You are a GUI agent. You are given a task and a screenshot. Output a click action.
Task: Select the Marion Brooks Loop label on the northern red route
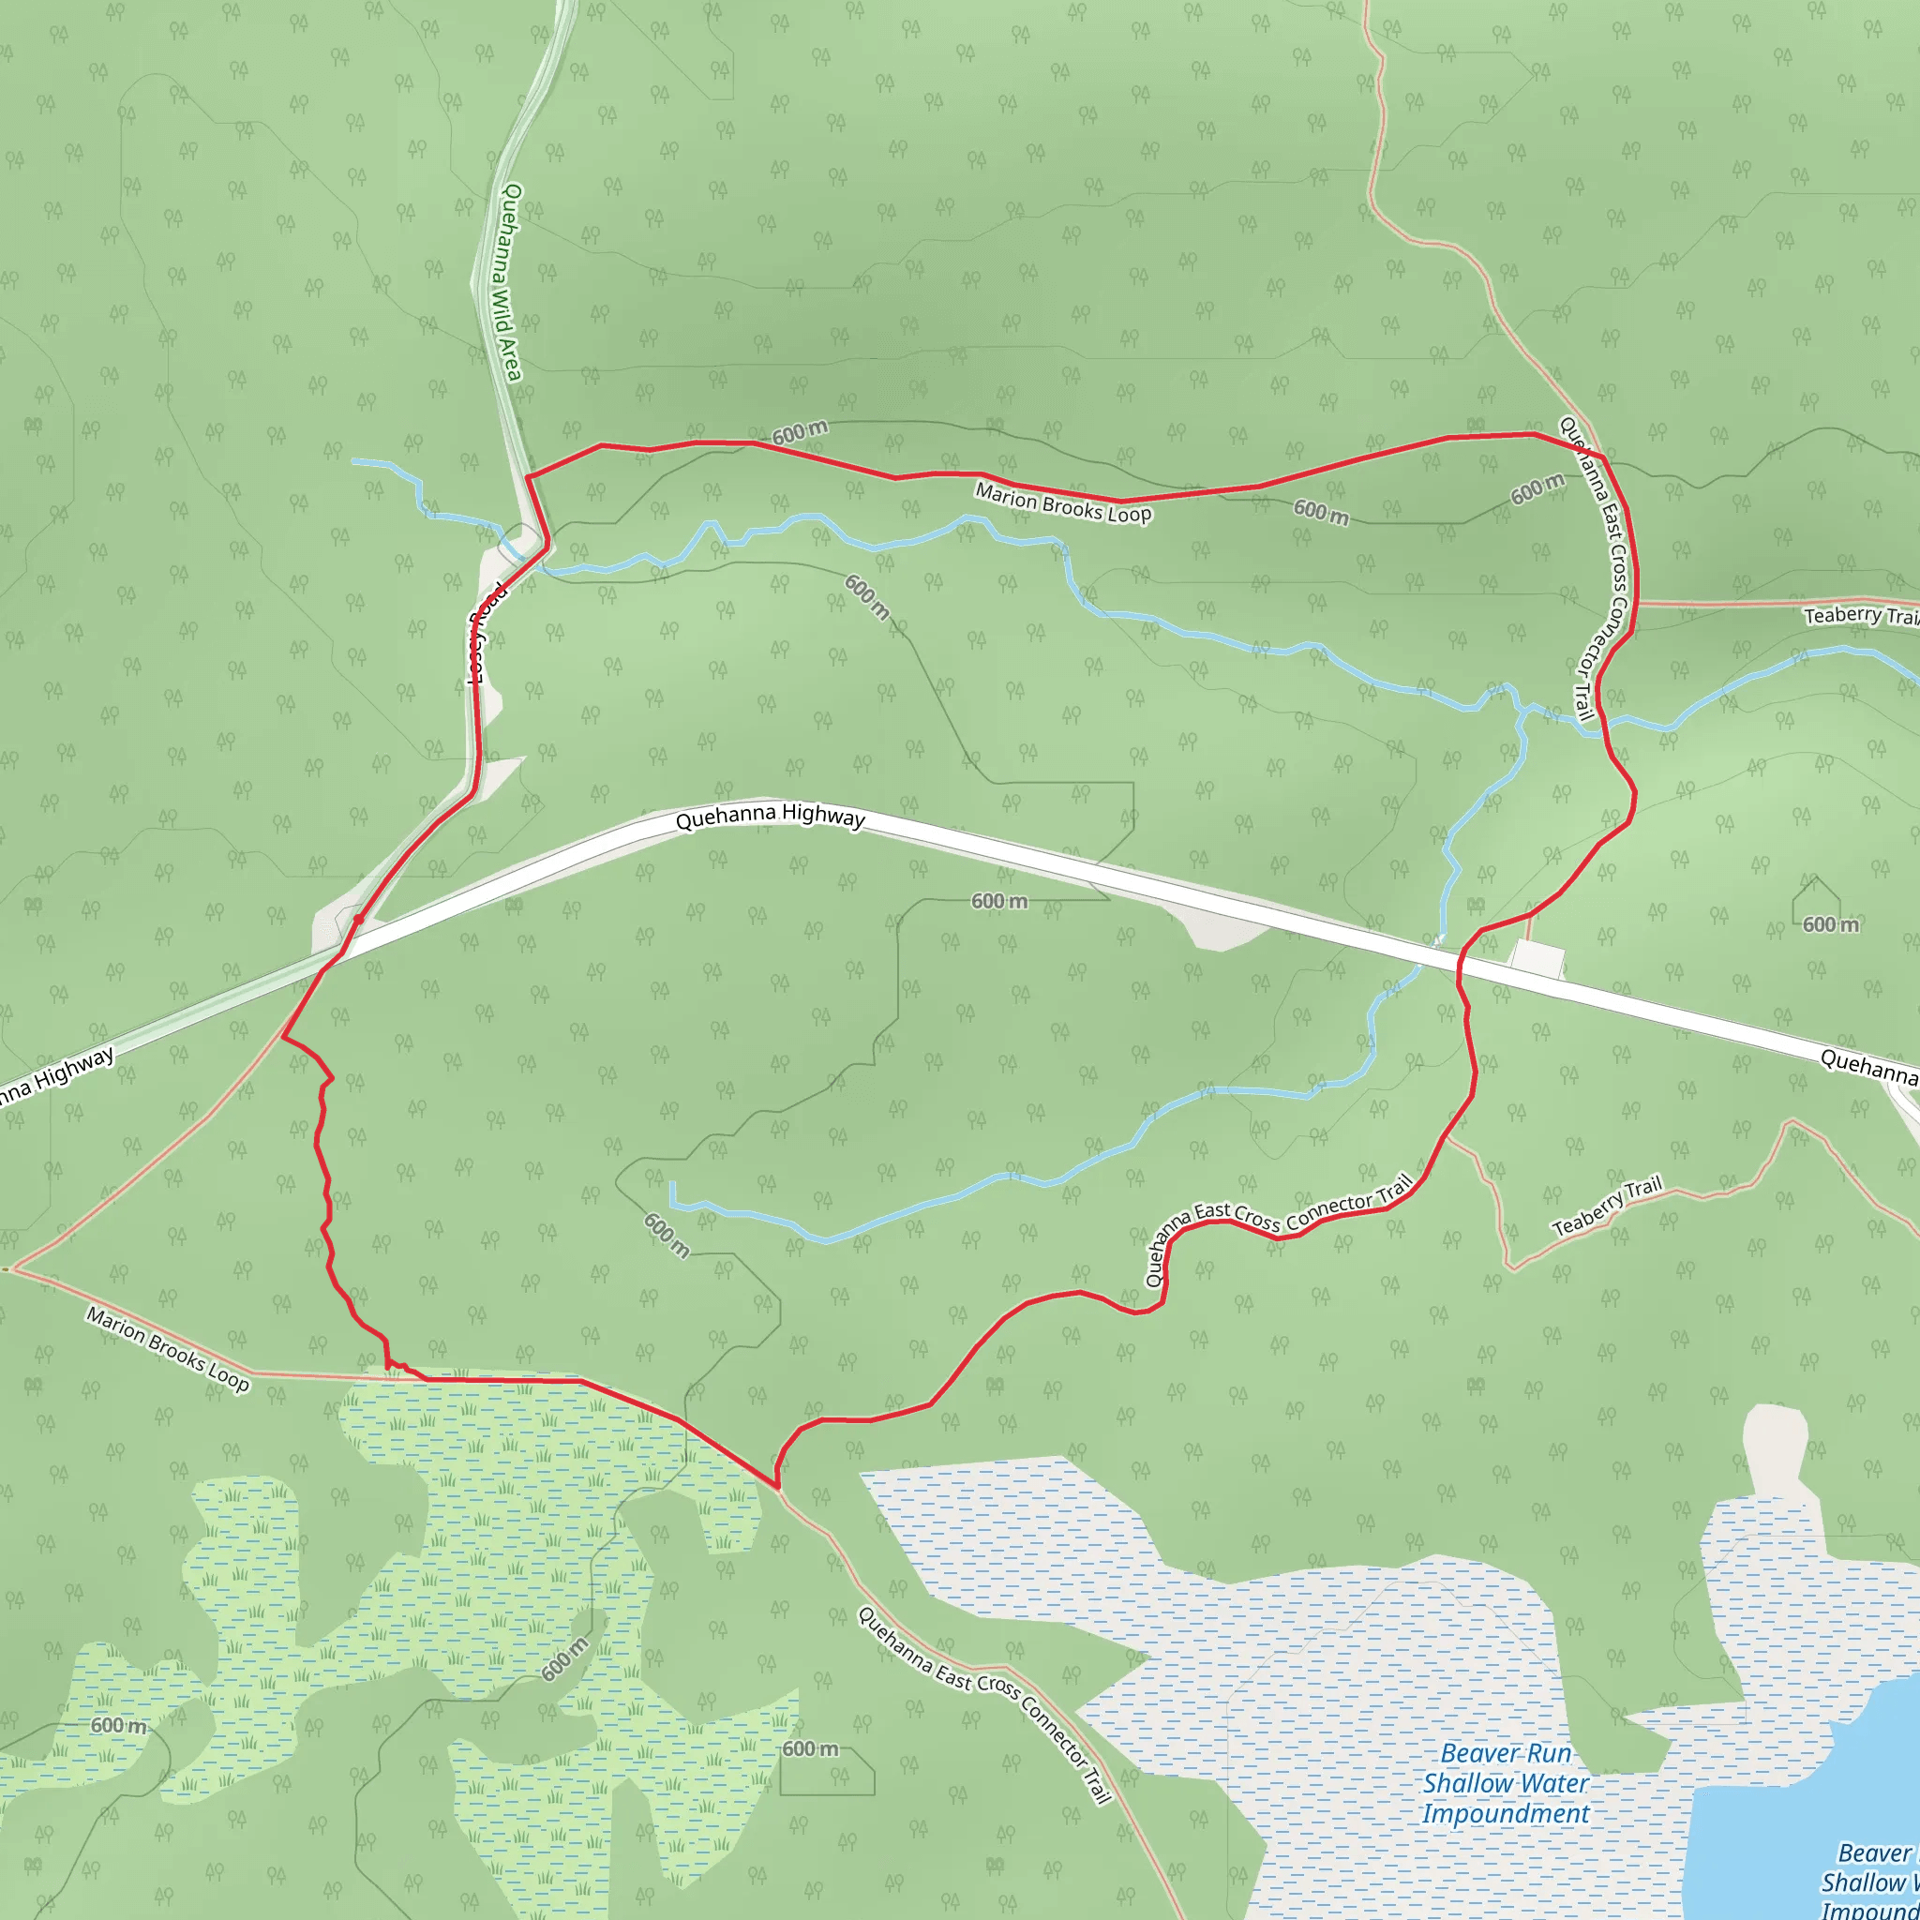pos(1062,502)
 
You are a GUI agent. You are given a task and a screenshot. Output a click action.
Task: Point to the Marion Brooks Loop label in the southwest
pos(167,1348)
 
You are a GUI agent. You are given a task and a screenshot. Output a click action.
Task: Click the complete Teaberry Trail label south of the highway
pos(1606,1206)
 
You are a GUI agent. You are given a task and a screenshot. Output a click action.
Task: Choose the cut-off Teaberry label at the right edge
pos(1859,615)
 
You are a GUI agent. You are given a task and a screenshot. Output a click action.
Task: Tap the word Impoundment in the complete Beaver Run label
pos(1505,1814)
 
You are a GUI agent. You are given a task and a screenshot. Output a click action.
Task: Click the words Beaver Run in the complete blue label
pos(1505,1754)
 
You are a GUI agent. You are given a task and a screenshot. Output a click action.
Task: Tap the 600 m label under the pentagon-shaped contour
pos(1830,925)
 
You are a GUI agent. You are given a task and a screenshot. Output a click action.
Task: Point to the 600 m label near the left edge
pos(118,1725)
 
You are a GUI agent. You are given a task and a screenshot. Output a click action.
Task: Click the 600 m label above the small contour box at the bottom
pos(810,1749)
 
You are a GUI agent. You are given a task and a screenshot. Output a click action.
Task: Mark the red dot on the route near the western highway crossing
pos(358,921)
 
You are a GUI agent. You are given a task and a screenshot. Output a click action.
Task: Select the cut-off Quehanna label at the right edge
pos(1868,1065)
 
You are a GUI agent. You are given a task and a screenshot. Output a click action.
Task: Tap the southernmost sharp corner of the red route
pos(777,1487)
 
